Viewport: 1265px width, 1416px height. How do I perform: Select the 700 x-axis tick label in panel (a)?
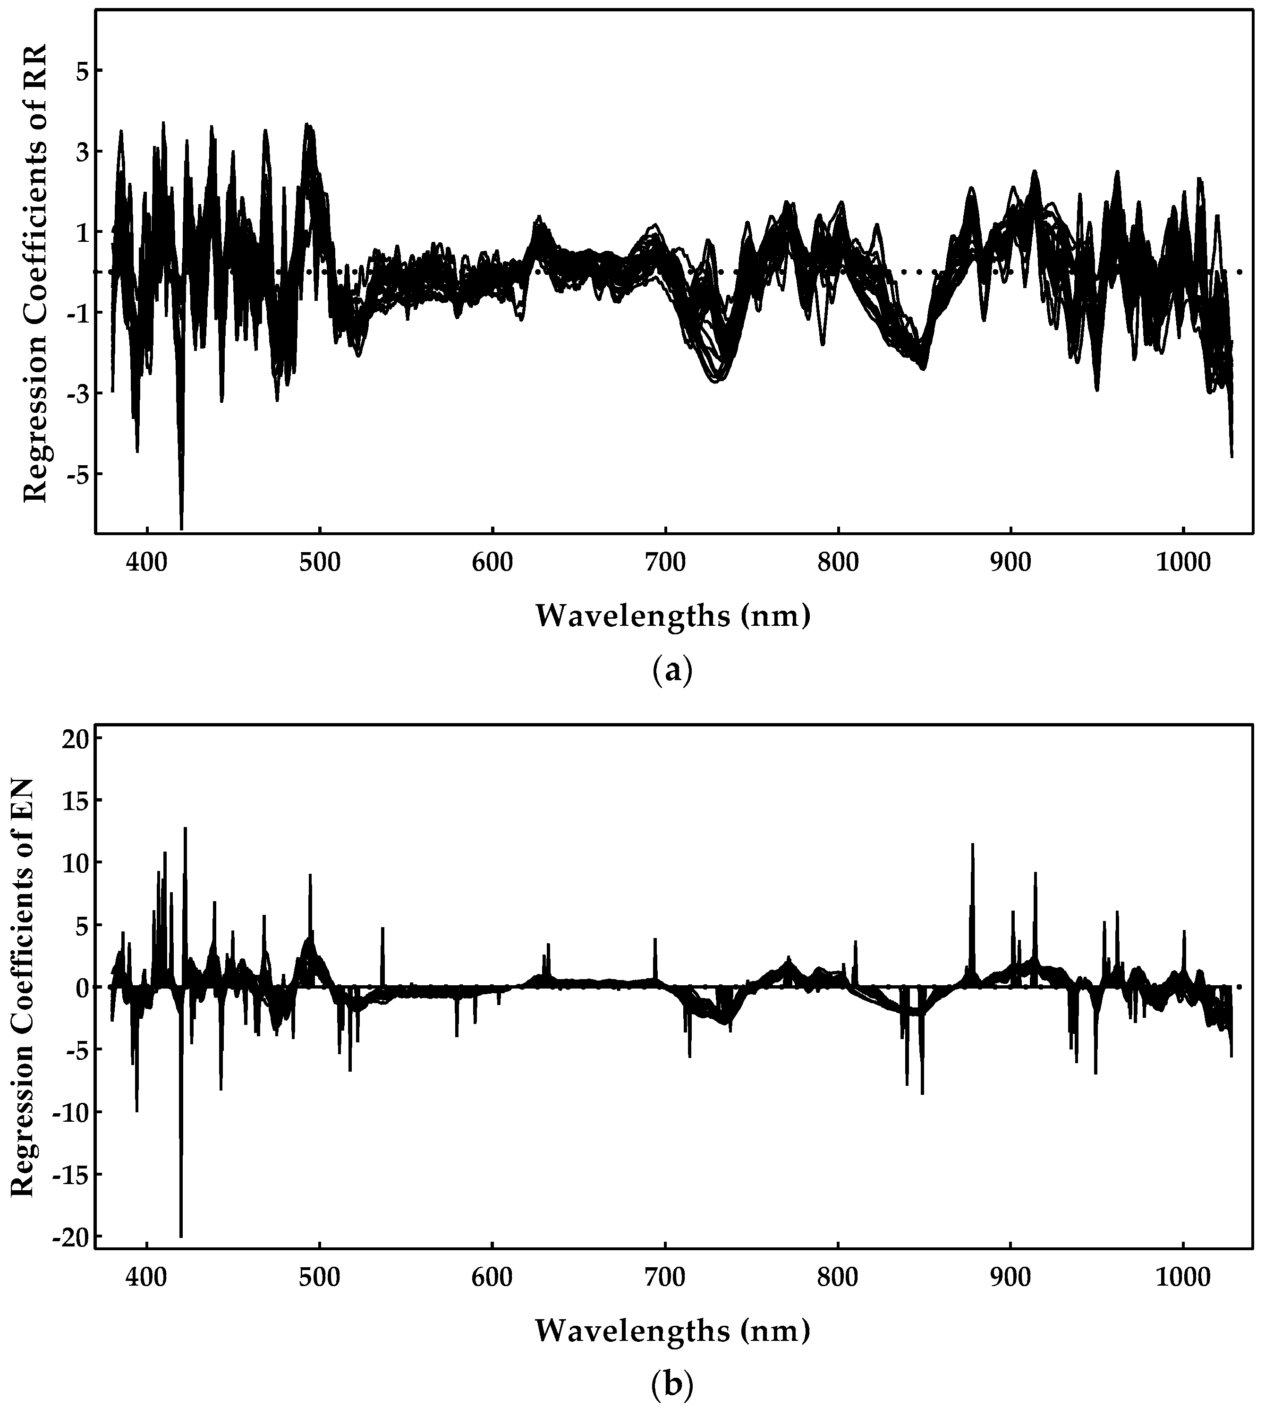pos(665,563)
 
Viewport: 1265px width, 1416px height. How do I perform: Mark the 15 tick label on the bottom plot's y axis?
pos(69,801)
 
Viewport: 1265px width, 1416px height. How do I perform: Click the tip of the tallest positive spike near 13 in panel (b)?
pos(185,828)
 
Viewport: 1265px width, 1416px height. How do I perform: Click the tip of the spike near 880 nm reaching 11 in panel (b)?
pos(972,844)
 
